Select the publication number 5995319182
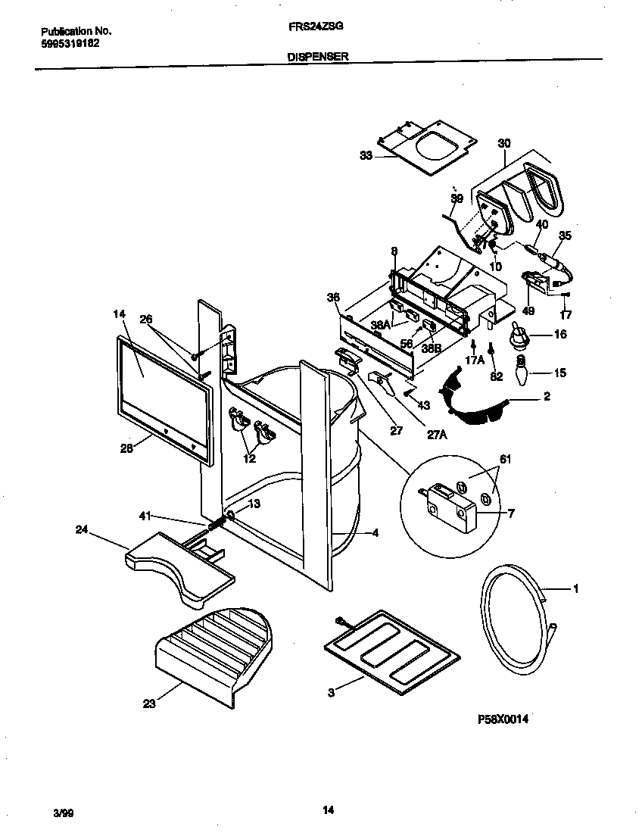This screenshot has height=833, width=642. point(69,43)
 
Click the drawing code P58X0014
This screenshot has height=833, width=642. point(502,720)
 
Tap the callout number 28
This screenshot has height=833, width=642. point(126,448)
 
